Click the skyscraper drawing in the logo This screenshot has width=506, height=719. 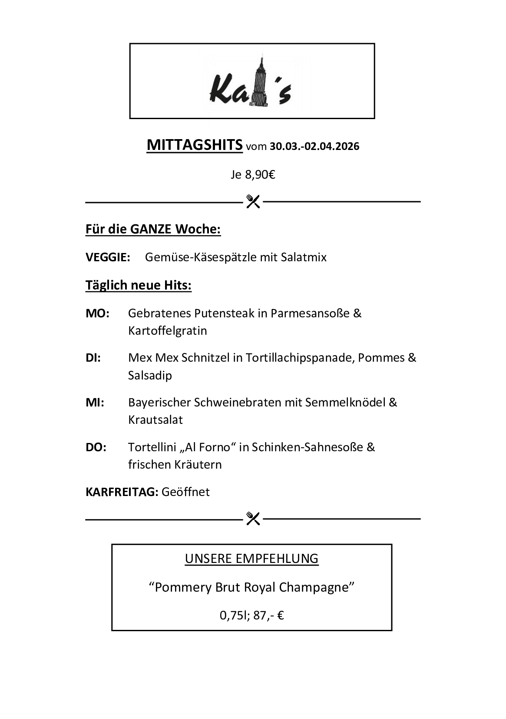(x=260, y=83)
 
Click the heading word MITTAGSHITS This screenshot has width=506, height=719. (x=195, y=145)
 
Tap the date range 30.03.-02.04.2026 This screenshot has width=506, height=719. (x=314, y=146)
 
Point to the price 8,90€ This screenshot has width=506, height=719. (x=260, y=175)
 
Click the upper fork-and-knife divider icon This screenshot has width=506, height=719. (x=253, y=201)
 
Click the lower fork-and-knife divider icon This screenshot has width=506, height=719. (x=253, y=518)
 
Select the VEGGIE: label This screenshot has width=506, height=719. (x=108, y=257)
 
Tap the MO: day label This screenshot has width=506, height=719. (x=97, y=313)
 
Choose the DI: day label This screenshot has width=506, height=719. (x=93, y=358)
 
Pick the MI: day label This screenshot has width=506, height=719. (x=95, y=403)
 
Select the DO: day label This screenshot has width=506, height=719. (x=96, y=447)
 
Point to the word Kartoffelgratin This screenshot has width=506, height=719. (x=167, y=331)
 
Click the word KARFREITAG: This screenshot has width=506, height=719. (x=122, y=492)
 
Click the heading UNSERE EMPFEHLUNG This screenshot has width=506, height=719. (x=251, y=559)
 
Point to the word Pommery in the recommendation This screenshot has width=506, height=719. (x=183, y=587)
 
